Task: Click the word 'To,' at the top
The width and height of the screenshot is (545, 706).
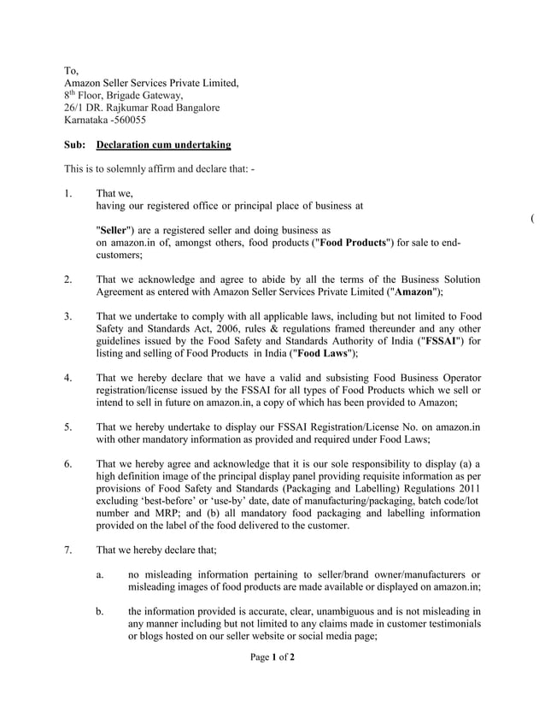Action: coord(72,70)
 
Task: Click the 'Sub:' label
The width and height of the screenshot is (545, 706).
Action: coord(75,145)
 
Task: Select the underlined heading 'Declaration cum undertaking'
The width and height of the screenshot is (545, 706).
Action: coord(164,145)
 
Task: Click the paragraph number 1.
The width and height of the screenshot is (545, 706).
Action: coord(68,194)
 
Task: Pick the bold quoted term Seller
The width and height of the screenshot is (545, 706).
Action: coord(114,231)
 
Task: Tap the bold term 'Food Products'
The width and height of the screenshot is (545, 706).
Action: coord(352,244)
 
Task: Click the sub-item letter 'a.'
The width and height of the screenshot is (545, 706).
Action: coord(101,574)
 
